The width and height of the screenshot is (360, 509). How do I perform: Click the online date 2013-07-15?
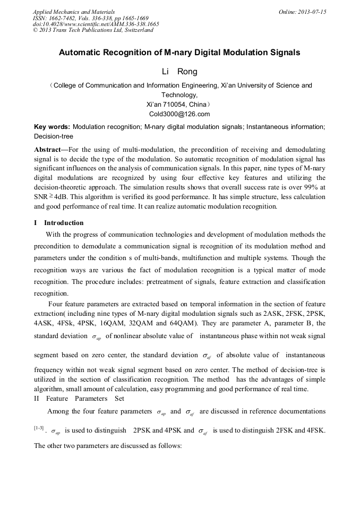click(312, 11)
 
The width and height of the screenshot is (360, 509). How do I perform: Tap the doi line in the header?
click(96, 24)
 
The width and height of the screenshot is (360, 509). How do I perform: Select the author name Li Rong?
click(179, 72)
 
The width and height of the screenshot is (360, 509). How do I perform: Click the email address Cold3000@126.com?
click(180, 114)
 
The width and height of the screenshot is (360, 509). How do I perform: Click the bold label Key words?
click(52, 127)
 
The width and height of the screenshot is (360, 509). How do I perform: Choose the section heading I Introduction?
click(58, 222)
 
